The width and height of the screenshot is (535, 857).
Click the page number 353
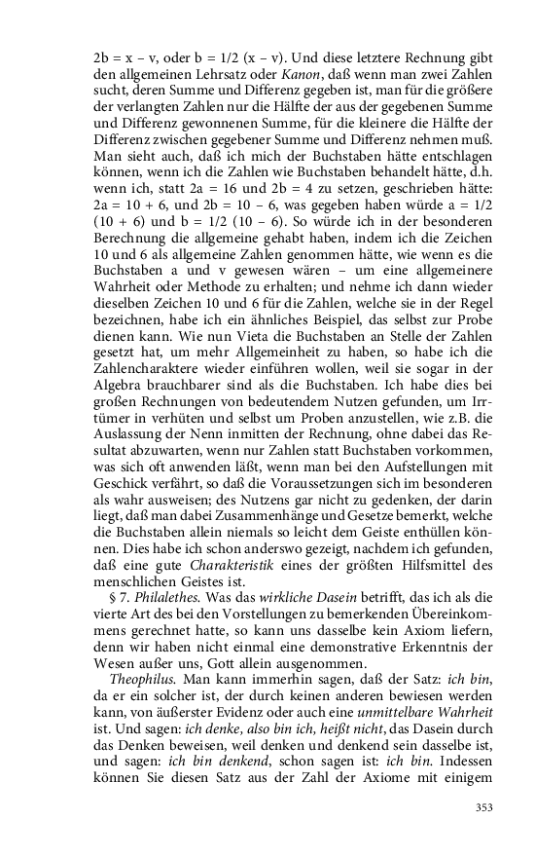point(483,806)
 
